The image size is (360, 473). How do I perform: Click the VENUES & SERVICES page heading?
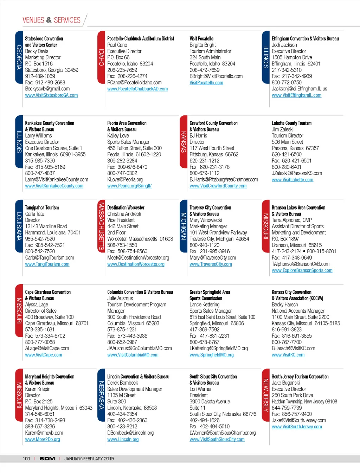coord(51,20)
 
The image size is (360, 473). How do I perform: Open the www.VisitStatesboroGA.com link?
coord(51,95)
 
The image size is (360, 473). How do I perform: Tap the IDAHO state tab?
coord(101,57)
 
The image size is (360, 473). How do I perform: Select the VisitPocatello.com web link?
coord(206,83)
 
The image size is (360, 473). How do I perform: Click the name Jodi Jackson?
coord(284,45)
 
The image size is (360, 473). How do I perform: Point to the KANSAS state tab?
coord(184,142)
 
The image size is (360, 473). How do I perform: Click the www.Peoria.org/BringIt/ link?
coord(129,186)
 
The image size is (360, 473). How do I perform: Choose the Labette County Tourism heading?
coord(291,123)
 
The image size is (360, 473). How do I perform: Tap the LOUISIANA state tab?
coord(19,226)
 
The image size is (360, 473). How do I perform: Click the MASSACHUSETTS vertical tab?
coord(101,226)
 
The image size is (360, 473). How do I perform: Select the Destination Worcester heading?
coord(126,208)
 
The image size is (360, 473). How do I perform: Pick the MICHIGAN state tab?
coord(184,226)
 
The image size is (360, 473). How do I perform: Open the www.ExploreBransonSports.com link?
coord(302,270)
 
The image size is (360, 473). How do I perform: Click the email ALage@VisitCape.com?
coord(47,349)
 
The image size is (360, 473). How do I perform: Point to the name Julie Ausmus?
coord(120,298)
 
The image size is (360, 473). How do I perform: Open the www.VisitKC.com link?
coord(288,355)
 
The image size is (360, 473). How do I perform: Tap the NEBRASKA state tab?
coord(101,395)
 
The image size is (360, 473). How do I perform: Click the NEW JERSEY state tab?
coord(266,395)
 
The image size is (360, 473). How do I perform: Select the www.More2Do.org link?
coord(43,440)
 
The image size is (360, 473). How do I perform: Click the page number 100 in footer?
coord(26,459)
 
